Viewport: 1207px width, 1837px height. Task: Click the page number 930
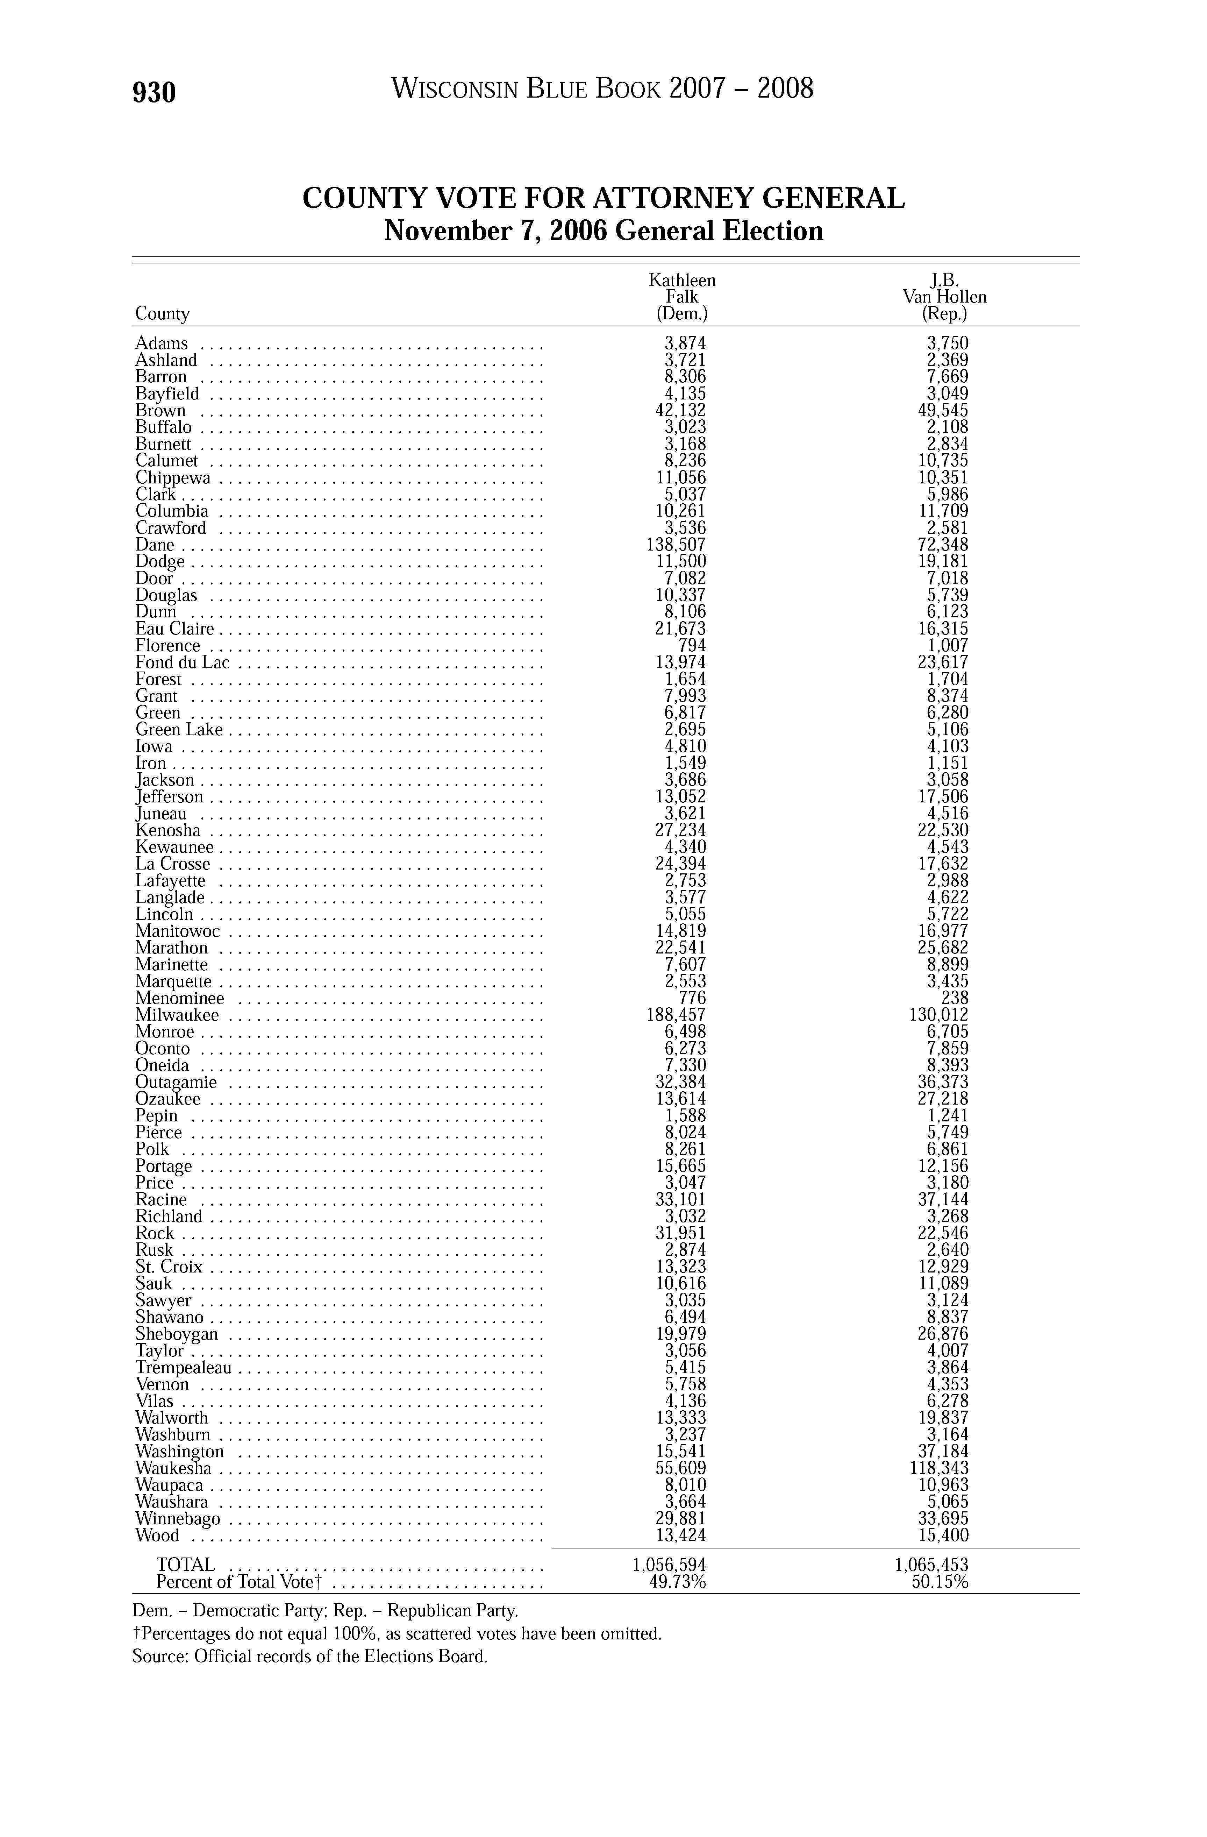154,93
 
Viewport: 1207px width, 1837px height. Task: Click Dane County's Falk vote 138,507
676,545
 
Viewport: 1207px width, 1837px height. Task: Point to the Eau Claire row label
174,629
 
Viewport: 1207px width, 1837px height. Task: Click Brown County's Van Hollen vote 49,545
943,411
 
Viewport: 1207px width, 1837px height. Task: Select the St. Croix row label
169,1267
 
